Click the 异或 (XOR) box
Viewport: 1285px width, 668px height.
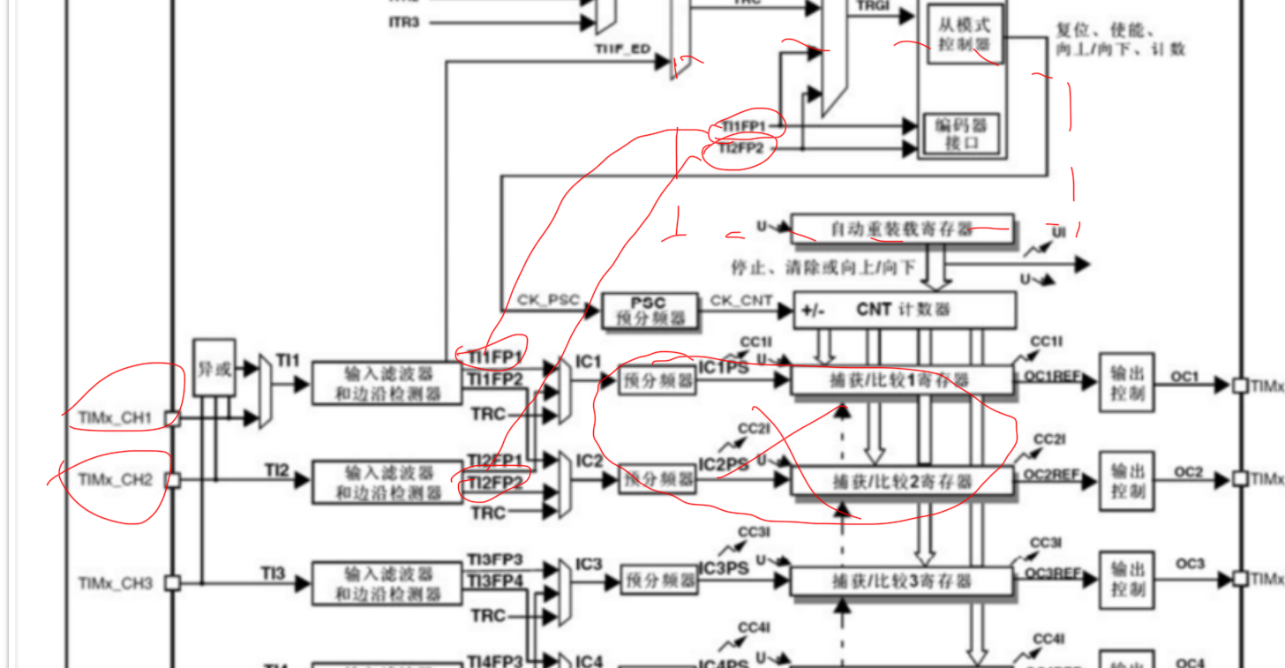[214, 369]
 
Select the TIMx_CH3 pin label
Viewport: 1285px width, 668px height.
[116, 582]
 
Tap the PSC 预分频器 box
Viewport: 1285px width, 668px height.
[650, 310]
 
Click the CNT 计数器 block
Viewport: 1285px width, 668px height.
[905, 310]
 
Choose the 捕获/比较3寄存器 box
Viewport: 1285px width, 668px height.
[901, 581]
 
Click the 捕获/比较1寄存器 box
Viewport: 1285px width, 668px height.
[901, 380]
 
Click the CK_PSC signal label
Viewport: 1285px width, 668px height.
[547, 301]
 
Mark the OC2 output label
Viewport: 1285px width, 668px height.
[1189, 472]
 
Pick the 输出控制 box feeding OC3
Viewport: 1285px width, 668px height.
[1127, 581]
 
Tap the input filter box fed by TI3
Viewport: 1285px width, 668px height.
[387, 582]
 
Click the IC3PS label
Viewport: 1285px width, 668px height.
[724, 570]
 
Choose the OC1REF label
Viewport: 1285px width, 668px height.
[1052, 376]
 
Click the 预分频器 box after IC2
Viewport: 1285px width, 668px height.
[657, 480]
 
